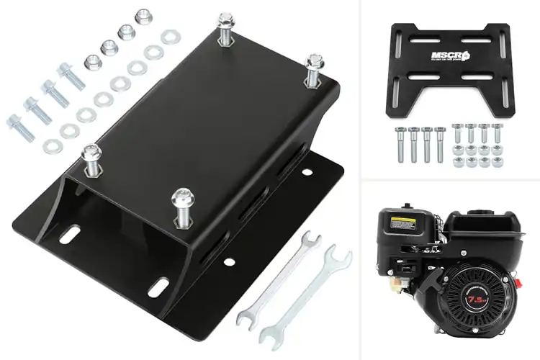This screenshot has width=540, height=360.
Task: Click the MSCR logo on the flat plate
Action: point(448,55)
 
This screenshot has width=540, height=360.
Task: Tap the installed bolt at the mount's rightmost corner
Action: point(314,71)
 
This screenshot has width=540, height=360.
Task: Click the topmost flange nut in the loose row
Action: point(143,16)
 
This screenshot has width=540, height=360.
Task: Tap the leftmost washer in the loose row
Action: point(51,147)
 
